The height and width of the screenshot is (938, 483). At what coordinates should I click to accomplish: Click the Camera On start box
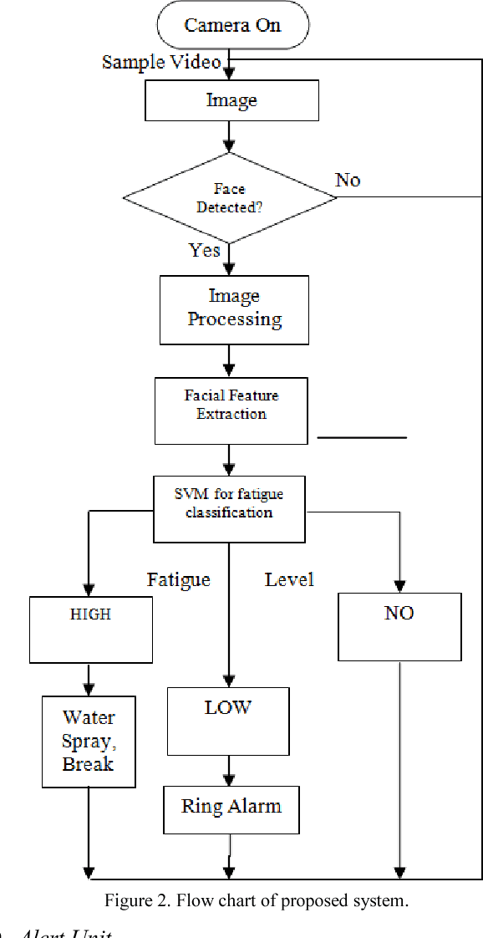click(233, 25)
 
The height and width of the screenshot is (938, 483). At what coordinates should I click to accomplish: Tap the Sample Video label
click(161, 62)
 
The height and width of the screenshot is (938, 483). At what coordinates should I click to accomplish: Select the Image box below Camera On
click(232, 101)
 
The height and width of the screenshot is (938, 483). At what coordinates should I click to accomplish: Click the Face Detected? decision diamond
click(230, 198)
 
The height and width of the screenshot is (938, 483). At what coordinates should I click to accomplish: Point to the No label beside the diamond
click(348, 181)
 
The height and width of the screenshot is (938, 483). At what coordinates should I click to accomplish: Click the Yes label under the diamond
click(205, 250)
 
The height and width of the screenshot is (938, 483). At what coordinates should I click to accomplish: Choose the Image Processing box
click(234, 309)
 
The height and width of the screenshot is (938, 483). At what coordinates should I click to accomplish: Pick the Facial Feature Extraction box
click(231, 410)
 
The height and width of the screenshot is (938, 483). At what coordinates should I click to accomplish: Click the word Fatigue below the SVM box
click(179, 579)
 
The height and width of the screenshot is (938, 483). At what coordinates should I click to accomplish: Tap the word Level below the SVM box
click(289, 579)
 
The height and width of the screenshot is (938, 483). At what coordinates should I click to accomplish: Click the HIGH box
click(91, 629)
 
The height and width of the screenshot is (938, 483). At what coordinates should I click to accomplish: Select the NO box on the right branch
click(399, 627)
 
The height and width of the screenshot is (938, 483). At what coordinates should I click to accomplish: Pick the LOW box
click(228, 721)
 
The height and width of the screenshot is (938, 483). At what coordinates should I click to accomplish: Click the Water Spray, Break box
click(89, 742)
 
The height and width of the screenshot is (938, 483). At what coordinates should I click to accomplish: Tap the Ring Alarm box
click(231, 808)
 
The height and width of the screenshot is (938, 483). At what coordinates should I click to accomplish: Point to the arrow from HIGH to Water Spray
click(89, 680)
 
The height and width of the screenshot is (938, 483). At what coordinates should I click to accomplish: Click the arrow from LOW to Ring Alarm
click(228, 770)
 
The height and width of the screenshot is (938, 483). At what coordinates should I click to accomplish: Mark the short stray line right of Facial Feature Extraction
click(362, 437)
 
